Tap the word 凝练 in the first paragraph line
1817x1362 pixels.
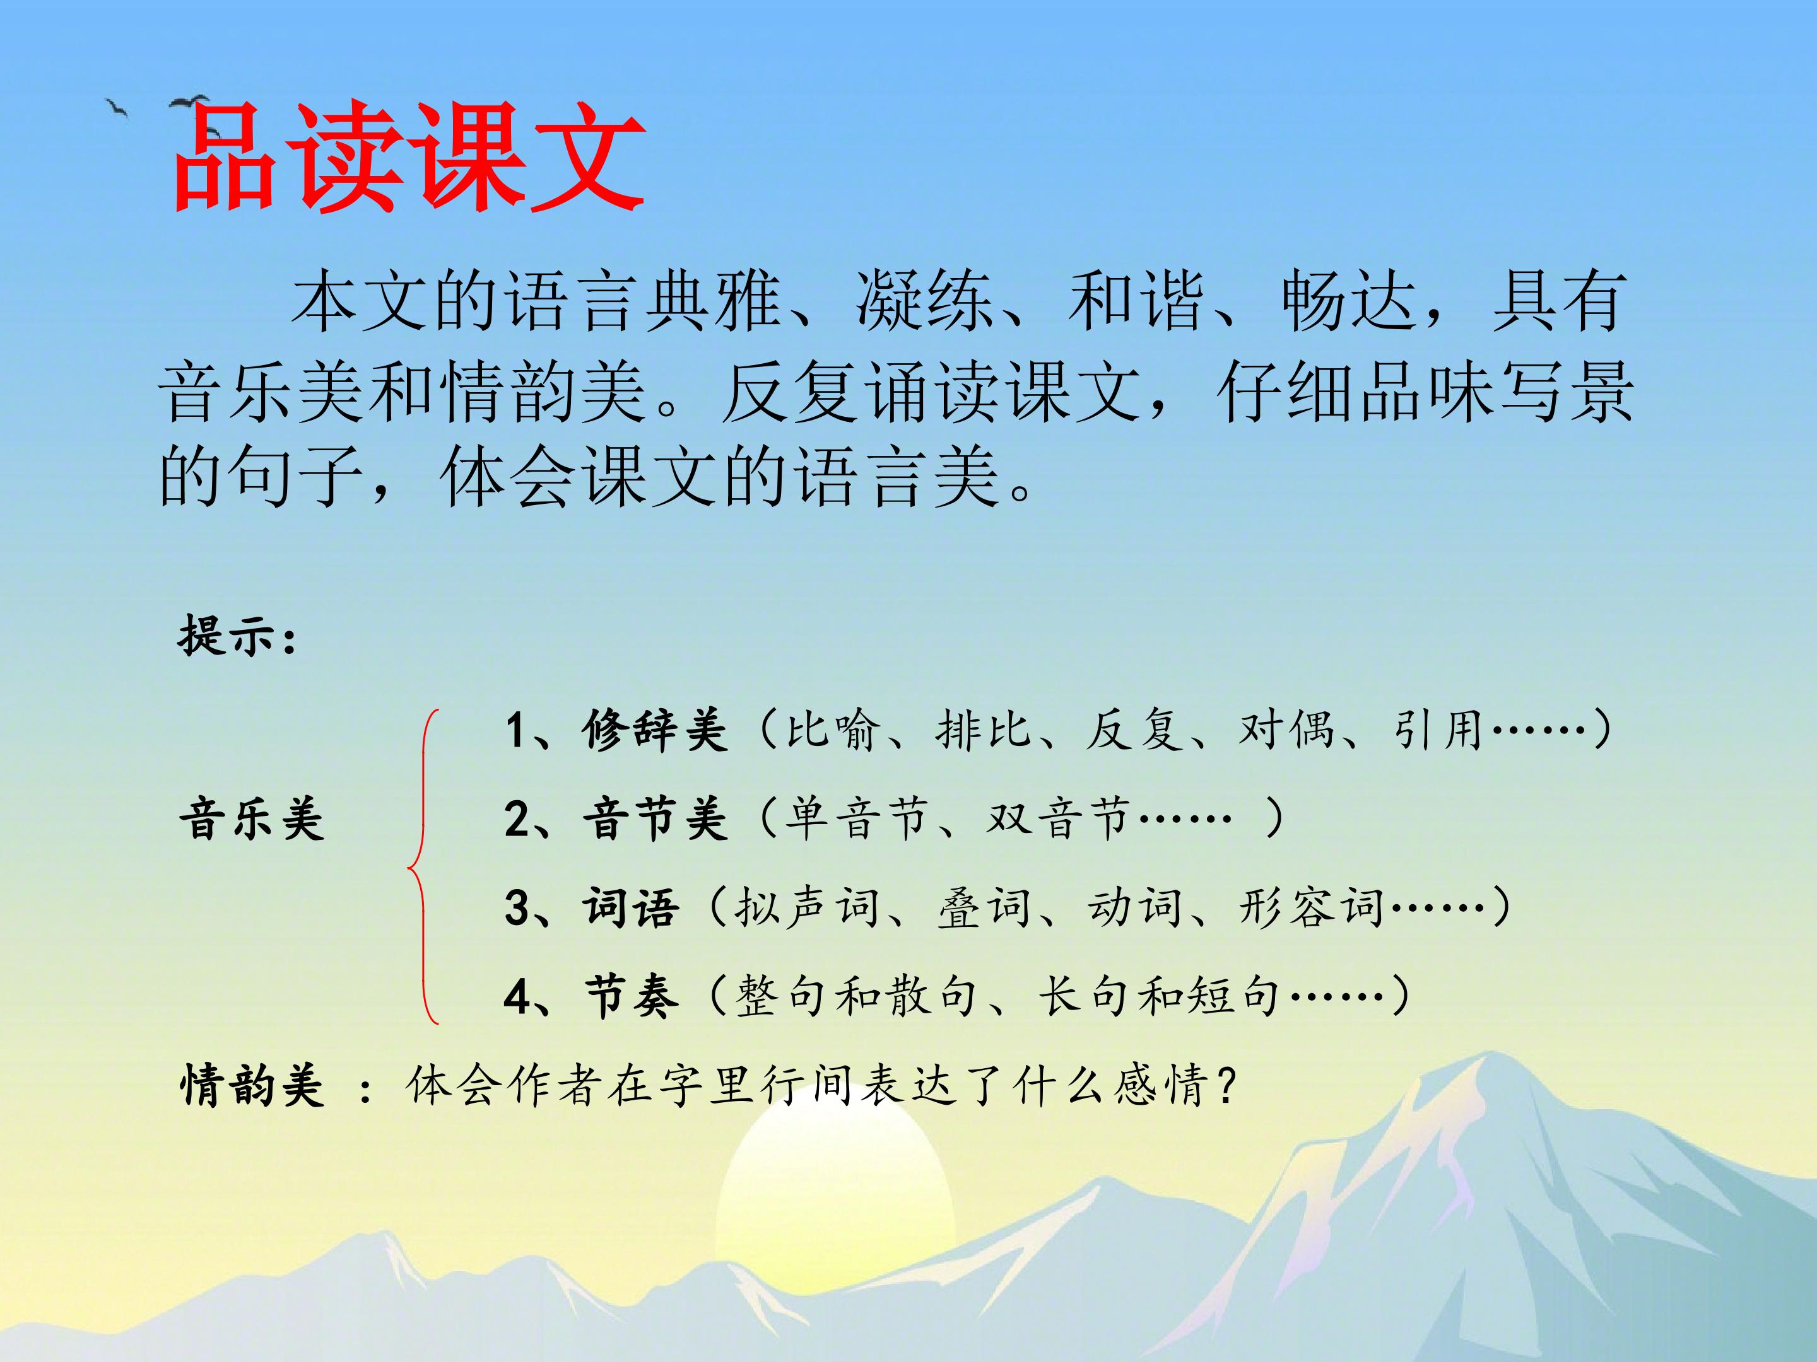click(924, 301)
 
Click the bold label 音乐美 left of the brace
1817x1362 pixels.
click(251, 818)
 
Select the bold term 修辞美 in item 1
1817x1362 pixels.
click(655, 730)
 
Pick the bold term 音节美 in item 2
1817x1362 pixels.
click(655, 818)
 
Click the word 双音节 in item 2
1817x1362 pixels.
click(1058, 818)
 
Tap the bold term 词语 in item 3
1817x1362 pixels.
click(631, 907)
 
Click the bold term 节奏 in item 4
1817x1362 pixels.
click(631, 997)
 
